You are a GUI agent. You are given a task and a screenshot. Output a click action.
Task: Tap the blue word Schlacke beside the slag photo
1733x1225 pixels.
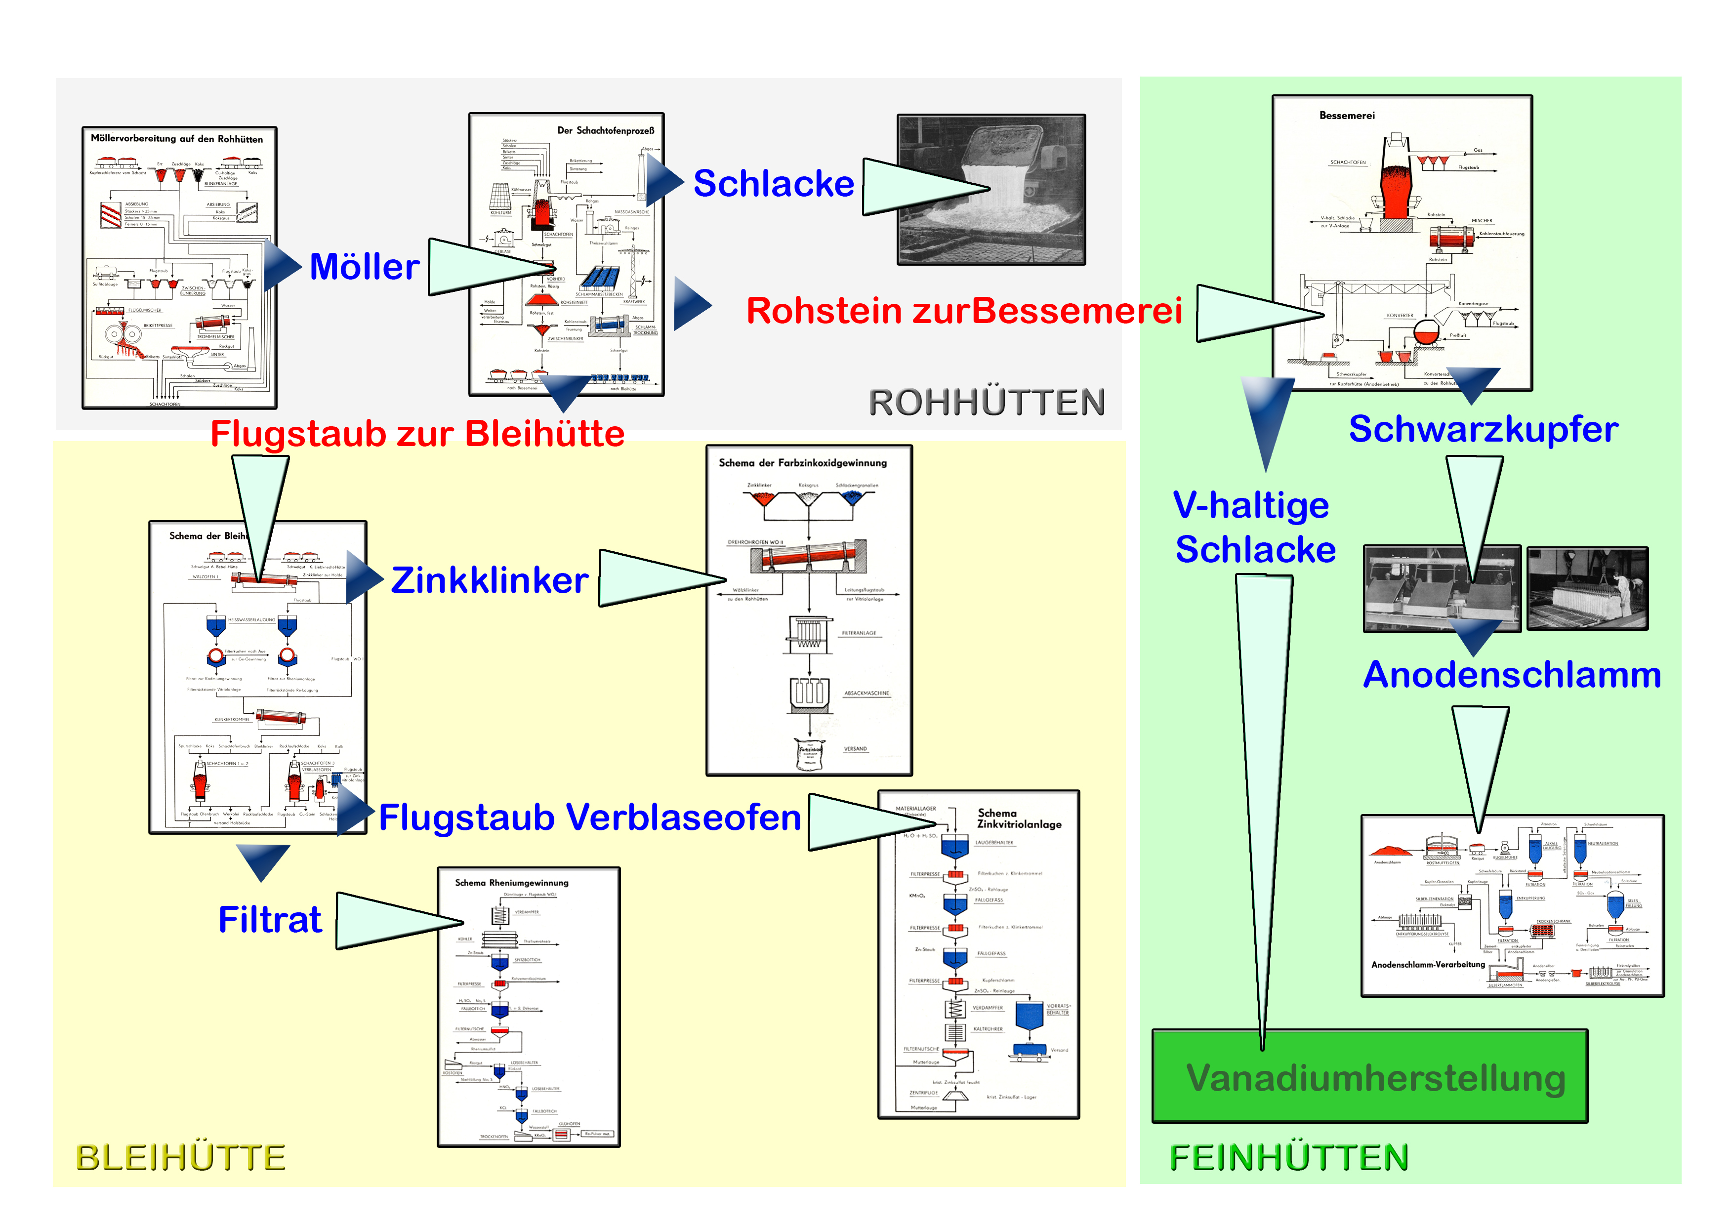click(x=773, y=183)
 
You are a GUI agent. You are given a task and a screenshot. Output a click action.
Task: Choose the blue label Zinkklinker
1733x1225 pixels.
click(x=489, y=580)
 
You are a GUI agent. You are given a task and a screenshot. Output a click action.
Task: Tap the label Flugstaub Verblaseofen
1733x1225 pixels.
click(x=589, y=817)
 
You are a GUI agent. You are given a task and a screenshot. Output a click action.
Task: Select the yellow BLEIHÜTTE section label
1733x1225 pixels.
click(x=180, y=1158)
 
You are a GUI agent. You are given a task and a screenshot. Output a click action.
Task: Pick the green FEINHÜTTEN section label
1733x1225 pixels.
click(x=1288, y=1158)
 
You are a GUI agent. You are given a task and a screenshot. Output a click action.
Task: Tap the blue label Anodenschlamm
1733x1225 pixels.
click(x=1512, y=675)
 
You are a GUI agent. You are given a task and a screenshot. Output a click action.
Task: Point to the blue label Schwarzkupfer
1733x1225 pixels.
click(x=1483, y=429)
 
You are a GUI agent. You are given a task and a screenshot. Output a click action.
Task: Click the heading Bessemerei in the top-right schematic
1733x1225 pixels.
click(x=1347, y=116)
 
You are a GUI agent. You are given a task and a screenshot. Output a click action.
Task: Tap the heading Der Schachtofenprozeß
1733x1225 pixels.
click(x=605, y=130)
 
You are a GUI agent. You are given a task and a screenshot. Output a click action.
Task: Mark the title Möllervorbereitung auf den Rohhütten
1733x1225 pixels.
click(x=177, y=139)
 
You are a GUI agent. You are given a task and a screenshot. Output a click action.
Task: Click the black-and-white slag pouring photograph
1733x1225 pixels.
click(x=991, y=190)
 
